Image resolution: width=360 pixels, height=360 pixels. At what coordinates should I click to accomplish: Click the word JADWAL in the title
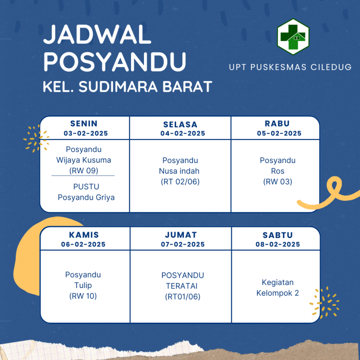coord(97,35)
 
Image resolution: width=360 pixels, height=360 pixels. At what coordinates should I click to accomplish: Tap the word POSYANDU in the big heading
coord(115,62)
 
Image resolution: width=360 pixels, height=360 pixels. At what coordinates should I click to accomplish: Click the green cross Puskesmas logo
coord(293,37)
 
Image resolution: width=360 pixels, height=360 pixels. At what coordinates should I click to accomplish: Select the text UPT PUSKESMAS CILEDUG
coord(290,67)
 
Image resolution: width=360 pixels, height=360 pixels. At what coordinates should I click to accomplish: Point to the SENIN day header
coord(84,123)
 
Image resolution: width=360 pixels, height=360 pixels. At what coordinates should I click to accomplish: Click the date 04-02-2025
coord(183,133)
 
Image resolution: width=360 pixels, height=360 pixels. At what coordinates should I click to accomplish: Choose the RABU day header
coord(277,123)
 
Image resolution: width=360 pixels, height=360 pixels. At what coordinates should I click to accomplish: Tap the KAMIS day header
coord(84,235)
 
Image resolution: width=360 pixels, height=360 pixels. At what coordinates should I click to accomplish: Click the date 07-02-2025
coord(183,244)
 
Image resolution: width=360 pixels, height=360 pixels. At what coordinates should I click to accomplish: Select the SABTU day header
coord(278,235)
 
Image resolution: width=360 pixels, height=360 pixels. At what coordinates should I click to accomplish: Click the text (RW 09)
coord(84,171)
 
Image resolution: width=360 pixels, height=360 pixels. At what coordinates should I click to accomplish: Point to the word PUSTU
coord(86,187)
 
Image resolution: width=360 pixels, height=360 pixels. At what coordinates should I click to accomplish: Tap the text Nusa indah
coord(179,171)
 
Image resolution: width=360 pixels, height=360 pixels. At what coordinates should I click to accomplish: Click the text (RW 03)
coord(278,182)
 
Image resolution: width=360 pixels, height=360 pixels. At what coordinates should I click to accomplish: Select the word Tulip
coord(83,285)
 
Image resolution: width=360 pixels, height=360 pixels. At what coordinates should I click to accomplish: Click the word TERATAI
coord(182,286)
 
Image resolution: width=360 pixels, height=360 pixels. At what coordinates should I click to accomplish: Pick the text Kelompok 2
coord(278,293)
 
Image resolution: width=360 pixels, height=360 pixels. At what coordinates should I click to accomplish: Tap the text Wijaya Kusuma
coord(84,160)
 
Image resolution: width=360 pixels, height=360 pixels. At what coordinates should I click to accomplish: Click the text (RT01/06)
coord(183,297)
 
